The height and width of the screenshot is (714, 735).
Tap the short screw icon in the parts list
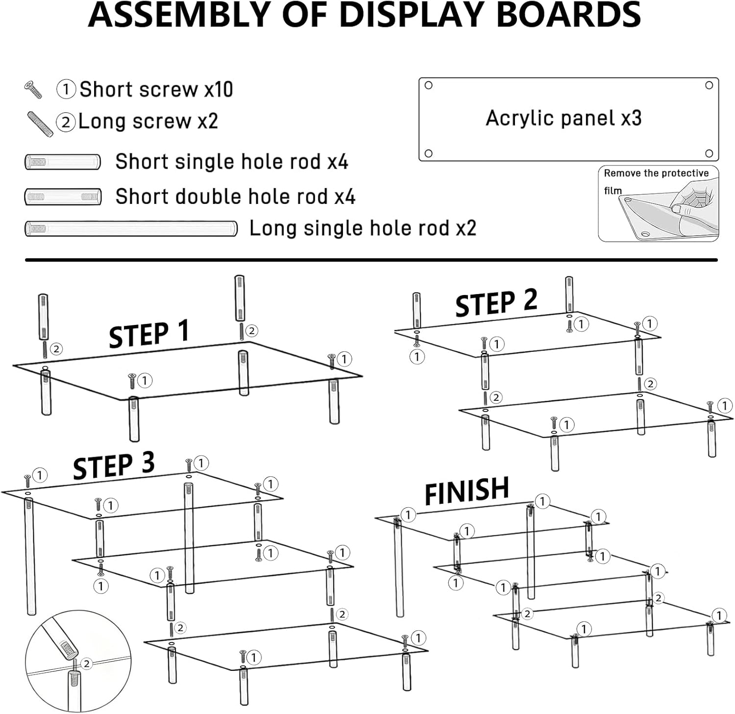click(x=33, y=90)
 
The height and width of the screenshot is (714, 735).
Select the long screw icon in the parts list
click(x=40, y=123)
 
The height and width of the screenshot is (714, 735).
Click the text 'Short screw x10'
click(x=156, y=90)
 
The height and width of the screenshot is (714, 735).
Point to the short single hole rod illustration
click(x=63, y=162)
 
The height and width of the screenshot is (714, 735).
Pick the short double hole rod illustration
click(x=63, y=197)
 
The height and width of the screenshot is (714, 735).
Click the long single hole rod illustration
click(x=131, y=228)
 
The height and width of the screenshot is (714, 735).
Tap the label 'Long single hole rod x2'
click(x=363, y=228)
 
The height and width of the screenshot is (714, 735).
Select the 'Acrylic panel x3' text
click(x=563, y=118)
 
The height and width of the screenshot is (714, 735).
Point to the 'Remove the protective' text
click(x=656, y=173)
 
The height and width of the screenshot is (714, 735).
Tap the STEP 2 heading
click(x=496, y=302)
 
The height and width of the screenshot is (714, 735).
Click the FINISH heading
click(x=466, y=491)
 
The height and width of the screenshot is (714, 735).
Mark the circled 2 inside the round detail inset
click(x=87, y=664)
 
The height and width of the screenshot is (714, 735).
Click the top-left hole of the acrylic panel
click(x=428, y=85)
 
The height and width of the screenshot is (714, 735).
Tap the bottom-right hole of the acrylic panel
click(x=709, y=153)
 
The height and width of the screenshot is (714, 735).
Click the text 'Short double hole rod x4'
click(x=235, y=197)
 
